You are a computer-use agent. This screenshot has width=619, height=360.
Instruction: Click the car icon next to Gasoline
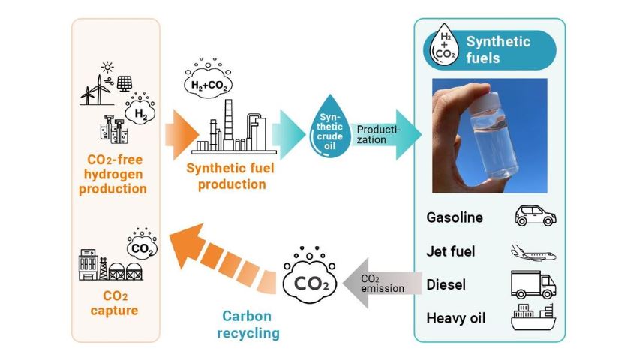535,217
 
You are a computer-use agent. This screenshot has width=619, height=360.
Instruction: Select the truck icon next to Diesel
534,284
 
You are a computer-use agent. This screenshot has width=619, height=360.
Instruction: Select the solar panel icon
125,82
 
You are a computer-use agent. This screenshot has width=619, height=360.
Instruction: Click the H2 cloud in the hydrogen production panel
140,113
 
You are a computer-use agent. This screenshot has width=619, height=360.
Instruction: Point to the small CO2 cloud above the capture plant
140,246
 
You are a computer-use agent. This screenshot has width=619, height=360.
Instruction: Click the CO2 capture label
115,301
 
